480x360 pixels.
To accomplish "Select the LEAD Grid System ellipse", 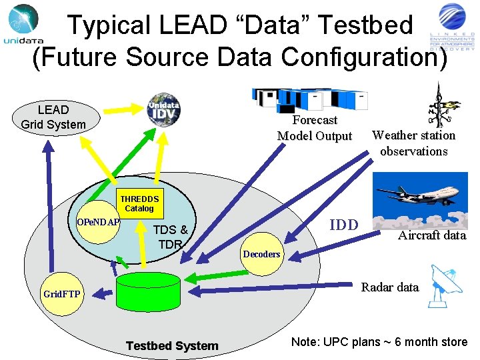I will (53, 117).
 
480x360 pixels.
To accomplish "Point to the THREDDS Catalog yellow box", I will (139, 203).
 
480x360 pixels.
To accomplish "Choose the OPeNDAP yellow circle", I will (98, 221).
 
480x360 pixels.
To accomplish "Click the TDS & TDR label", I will (170, 237).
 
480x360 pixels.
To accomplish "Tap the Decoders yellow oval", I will (261, 254).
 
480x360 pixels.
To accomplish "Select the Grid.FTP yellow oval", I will (61, 293).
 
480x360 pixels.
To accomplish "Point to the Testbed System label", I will (172, 345).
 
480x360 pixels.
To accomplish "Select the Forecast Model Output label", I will (315, 128).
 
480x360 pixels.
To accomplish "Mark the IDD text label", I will (344, 225).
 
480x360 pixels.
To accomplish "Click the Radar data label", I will (389, 287).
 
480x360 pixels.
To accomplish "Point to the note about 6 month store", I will (379, 342).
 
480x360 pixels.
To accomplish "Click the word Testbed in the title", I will (366, 25).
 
